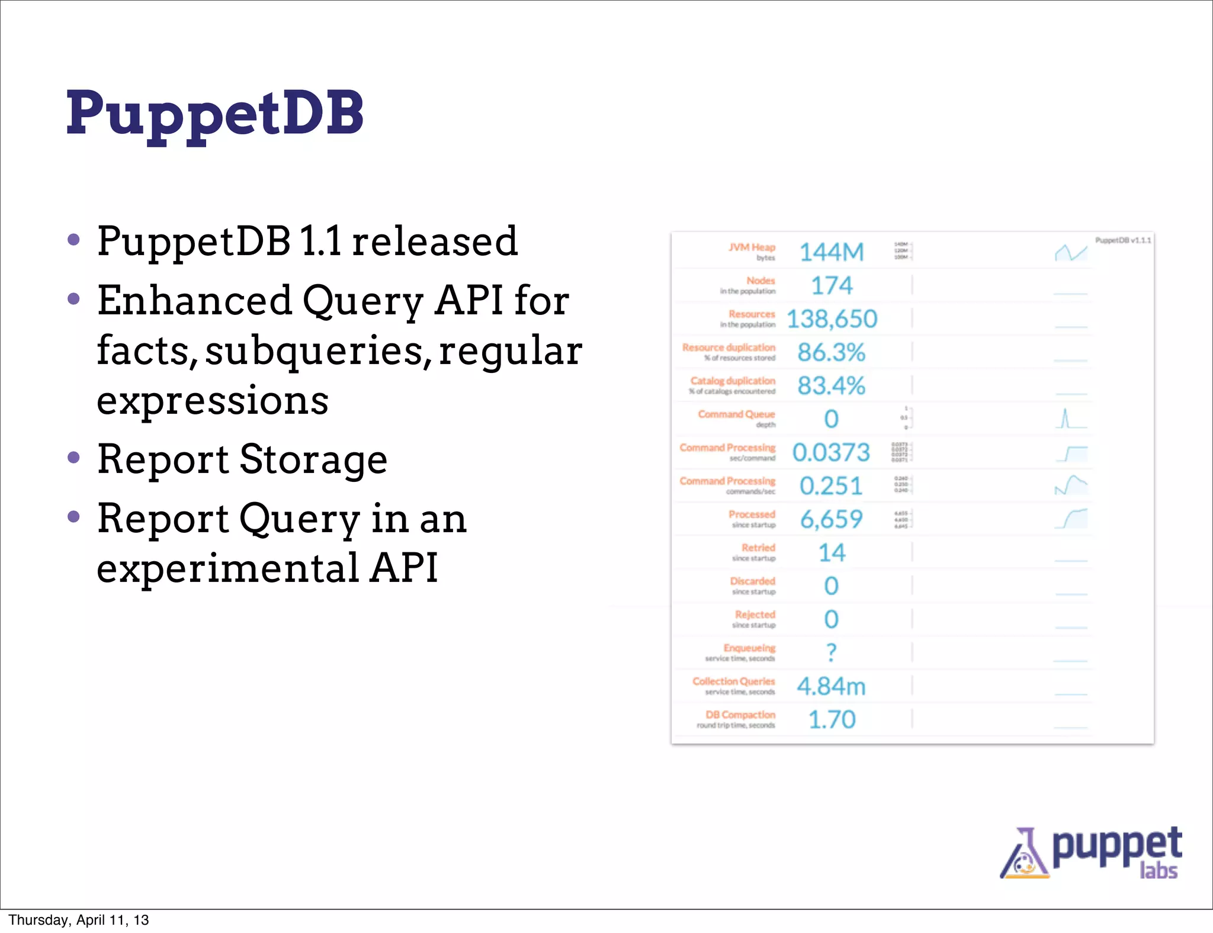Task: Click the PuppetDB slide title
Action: point(214,114)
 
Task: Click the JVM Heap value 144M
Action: point(832,253)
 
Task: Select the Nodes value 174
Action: point(832,286)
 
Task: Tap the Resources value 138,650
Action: point(832,320)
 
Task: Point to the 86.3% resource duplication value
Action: point(831,353)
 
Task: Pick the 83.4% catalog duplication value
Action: point(831,386)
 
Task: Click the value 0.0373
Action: point(831,453)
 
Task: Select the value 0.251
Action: point(831,486)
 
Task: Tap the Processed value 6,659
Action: point(831,520)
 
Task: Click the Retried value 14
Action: point(832,553)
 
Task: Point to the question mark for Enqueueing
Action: point(831,652)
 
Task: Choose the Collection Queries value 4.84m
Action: point(831,687)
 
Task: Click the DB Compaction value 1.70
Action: point(832,720)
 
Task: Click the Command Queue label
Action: point(736,414)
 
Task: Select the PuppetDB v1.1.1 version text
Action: point(1123,240)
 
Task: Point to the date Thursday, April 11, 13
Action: point(78,920)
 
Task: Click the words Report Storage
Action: point(242,459)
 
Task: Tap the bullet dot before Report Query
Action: point(73,517)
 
